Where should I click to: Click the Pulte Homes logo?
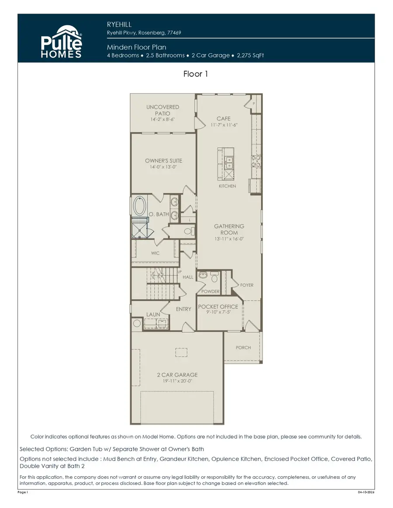point(62,41)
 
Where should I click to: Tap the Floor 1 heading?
point(196,74)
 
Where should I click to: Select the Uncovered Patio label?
point(162,110)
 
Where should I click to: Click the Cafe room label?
point(224,119)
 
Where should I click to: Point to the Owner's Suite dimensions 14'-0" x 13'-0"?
point(163,167)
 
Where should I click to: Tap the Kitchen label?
point(227,186)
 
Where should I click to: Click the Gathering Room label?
point(229,229)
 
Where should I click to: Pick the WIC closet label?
point(155,253)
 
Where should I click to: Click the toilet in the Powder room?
point(214,278)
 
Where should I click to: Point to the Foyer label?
point(247,285)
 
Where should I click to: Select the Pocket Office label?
point(218,307)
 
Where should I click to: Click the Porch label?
point(243,348)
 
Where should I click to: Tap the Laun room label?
point(153,314)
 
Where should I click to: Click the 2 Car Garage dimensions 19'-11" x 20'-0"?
point(177,381)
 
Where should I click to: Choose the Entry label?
point(183,309)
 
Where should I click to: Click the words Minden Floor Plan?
point(136,47)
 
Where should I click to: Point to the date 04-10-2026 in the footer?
point(365,492)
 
